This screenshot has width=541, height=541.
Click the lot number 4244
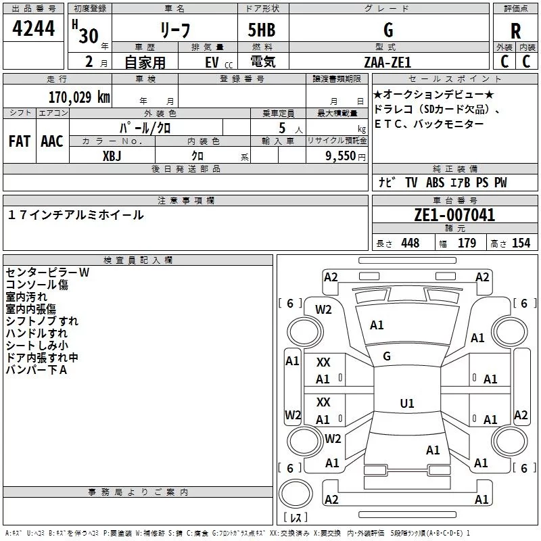(33, 29)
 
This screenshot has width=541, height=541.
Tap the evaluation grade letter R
(515, 31)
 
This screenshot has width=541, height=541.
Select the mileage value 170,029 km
(78, 97)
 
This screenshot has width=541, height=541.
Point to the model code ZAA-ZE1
(387, 62)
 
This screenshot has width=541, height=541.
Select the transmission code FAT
(20, 141)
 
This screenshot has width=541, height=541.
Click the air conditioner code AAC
(51, 141)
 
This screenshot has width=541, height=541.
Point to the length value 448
(410, 243)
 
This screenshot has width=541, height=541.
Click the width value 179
(467, 243)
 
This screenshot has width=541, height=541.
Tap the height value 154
(521, 243)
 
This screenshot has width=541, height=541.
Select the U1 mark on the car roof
(407, 403)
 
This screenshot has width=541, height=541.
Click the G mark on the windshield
(387, 356)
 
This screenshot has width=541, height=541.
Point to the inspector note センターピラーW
(47, 273)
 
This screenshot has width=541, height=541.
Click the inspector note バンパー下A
(36, 370)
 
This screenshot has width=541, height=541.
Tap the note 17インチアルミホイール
(76, 215)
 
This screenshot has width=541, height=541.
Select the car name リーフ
(175, 31)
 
